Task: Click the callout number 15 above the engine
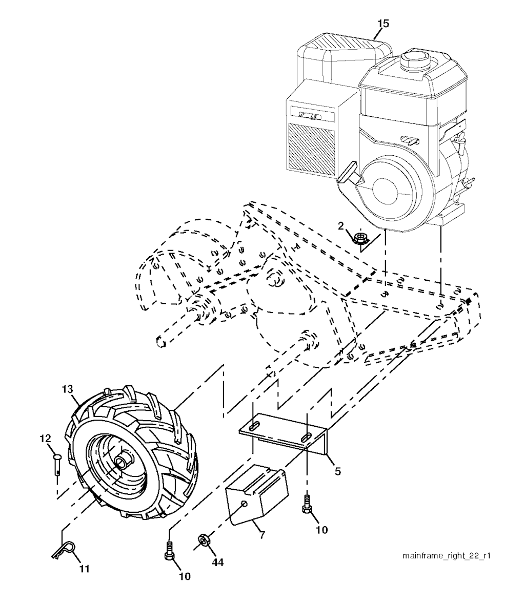(383, 24)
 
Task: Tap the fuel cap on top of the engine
(415, 59)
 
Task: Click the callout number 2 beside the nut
(341, 226)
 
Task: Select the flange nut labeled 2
(360, 238)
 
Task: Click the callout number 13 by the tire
(67, 389)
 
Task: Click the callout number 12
(45, 438)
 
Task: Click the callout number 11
(84, 569)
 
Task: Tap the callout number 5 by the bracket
(338, 471)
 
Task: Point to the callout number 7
(262, 535)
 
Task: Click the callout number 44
(218, 563)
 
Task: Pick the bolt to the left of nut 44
(169, 550)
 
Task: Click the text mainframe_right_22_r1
(447, 556)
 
